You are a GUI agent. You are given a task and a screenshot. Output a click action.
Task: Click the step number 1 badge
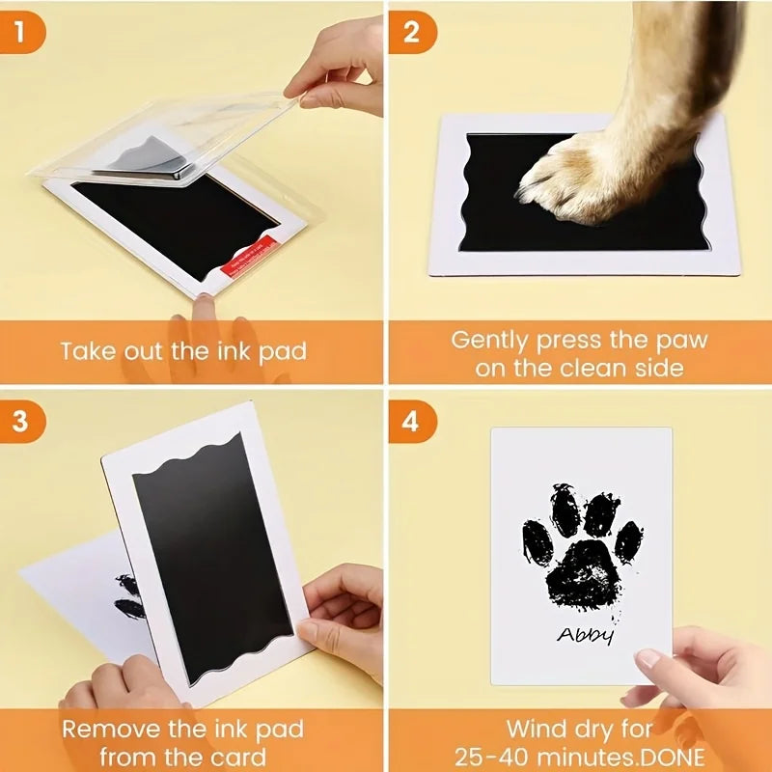coord(27,33)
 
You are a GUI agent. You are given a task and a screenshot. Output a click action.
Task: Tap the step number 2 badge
coord(412,33)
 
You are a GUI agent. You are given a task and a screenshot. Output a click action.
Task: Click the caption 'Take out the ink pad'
coord(183,350)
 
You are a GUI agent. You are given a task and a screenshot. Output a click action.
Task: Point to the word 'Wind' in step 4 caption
coord(541,729)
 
